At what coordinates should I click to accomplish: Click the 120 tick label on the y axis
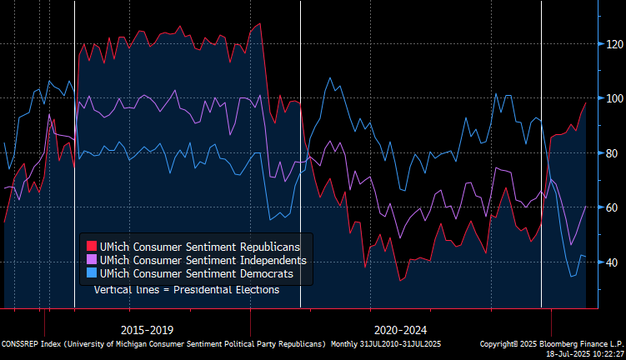click(613, 43)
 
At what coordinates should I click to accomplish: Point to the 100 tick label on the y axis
click(613, 98)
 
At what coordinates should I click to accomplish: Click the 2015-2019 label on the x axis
click(147, 329)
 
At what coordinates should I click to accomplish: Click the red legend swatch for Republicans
click(93, 247)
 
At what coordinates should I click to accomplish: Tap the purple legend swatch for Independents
click(93, 260)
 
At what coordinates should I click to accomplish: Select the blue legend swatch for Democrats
click(93, 273)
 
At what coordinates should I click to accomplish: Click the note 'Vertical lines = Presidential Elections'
click(186, 289)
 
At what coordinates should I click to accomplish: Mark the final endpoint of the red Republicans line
click(585, 103)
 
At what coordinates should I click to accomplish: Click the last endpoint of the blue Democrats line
click(585, 257)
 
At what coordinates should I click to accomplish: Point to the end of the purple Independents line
click(585, 206)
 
